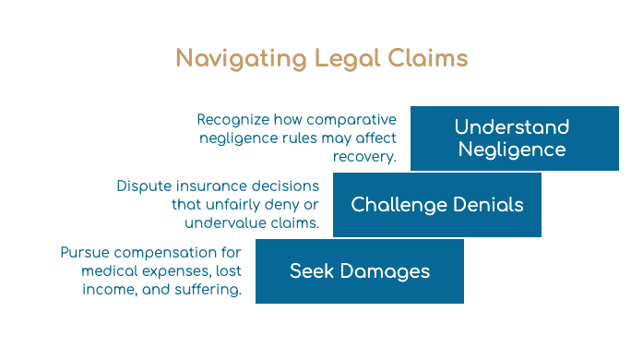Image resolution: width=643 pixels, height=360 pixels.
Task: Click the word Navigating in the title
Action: (x=241, y=59)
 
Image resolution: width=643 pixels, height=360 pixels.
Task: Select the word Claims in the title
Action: (x=428, y=57)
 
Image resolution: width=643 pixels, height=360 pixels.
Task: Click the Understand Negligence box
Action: (x=515, y=138)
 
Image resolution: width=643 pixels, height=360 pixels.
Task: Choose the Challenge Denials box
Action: (x=437, y=205)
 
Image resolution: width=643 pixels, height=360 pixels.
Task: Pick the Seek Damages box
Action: (x=360, y=271)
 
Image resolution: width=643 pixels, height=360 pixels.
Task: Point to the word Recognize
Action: (x=232, y=120)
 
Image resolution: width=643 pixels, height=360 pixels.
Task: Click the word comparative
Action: (x=351, y=120)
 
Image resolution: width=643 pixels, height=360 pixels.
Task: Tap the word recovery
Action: (x=364, y=157)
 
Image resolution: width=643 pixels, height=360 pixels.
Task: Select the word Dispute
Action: (x=143, y=186)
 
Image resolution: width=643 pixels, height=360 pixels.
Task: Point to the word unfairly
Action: (x=234, y=205)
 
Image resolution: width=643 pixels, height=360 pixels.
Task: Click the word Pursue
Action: (x=85, y=252)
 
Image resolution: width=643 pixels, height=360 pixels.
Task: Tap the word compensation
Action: (x=165, y=253)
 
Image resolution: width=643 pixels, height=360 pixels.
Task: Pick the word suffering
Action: (x=208, y=290)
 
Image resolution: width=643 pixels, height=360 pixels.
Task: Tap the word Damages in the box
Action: (x=385, y=271)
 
